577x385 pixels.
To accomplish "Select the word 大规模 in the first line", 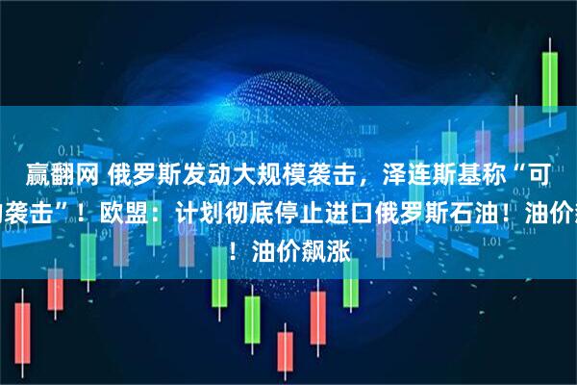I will pos(288,175).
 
